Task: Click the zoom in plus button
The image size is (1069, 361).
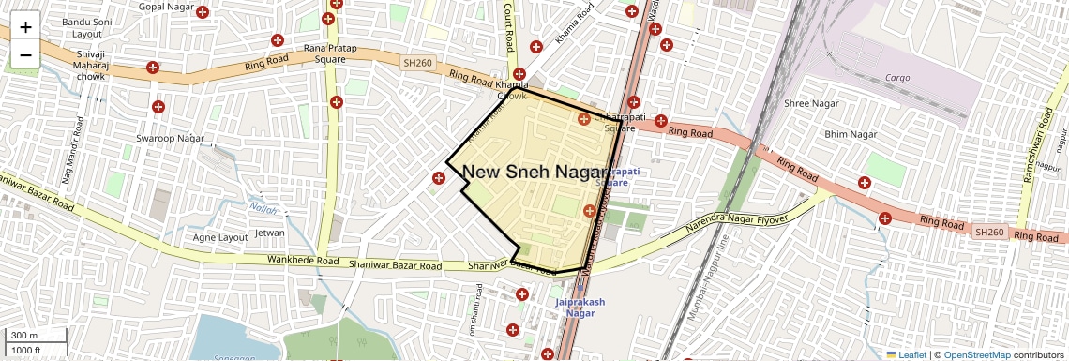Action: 25,27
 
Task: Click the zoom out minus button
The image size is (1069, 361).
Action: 25,54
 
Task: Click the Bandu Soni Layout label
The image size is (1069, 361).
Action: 82,27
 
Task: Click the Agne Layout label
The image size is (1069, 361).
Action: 219,237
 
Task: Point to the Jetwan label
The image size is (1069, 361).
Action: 270,233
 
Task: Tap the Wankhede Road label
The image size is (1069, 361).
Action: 301,260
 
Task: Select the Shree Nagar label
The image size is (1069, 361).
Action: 811,103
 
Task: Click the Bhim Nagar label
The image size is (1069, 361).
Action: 850,135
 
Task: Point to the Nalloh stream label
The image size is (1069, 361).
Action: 263,208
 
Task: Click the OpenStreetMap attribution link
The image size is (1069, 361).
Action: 976,354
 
